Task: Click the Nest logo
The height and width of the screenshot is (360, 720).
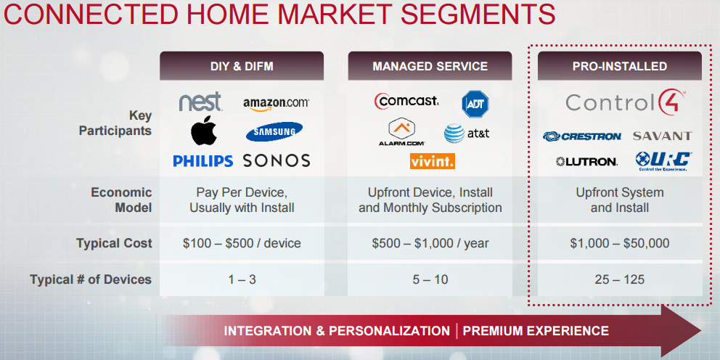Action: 200,102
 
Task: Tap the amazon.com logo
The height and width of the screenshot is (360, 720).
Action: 276,104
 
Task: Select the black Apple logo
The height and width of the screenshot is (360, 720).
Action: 204,131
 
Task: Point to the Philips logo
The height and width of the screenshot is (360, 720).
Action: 202,161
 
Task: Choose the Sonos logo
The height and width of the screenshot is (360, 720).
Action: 277,161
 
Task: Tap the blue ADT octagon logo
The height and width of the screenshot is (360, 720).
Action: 475,103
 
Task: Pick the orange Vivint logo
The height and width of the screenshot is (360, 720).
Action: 432,161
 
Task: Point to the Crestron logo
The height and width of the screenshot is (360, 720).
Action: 582,136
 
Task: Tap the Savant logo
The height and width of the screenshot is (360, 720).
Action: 662,136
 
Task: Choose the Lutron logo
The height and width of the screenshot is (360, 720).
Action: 586,161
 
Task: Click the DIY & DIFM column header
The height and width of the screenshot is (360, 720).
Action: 242,66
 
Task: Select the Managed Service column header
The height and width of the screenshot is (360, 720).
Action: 430,66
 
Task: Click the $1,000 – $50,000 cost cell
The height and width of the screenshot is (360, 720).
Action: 619,243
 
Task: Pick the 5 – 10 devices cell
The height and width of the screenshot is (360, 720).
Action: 430,279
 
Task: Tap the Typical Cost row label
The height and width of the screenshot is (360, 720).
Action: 114,243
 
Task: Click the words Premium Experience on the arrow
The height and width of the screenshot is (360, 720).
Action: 536,331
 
